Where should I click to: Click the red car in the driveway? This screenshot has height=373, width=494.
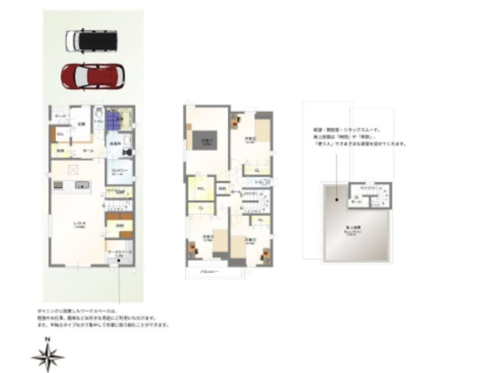pyautogui.click(x=92, y=76)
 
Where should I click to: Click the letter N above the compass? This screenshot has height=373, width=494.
pyautogui.click(x=47, y=339)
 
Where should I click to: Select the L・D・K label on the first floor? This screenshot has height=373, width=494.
pyautogui.click(x=81, y=224)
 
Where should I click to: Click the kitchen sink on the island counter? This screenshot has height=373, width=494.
pyautogui.click(x=82, y=185)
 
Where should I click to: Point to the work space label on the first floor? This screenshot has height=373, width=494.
pyautogui.click(x=120, y=252)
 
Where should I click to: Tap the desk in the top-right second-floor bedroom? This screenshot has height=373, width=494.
pyautogui.click(x=235, y=120)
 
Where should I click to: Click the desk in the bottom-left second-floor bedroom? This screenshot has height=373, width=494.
pyautogui.click(x=192, y=249)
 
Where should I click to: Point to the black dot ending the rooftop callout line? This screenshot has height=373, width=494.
pyautogui.click(x=335, y=200)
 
